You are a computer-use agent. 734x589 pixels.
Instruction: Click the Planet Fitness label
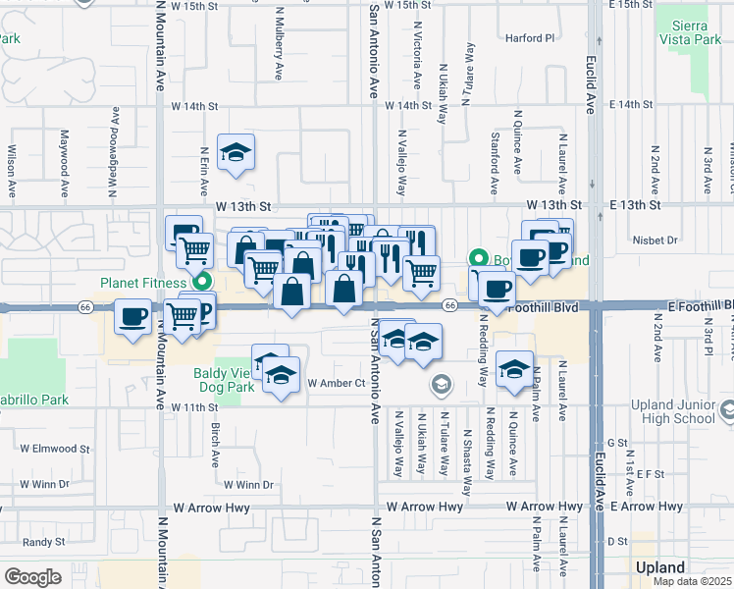pyautogui.click(x=142, y=284)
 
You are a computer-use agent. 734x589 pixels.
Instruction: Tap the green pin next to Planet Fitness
pyautogui.click(x=203, y=283)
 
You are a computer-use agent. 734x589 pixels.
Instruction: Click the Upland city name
pyautogui.click(x=660, y=568)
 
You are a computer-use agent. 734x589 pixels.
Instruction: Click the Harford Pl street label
pyautogui.click(x=531, y=39)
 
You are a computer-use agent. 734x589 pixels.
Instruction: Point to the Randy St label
pyautogui.click(x=43, y=541)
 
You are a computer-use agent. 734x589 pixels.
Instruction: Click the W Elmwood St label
pyautogui.click(x=54, y=450)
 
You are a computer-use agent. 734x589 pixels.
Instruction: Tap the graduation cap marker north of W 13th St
pyautogui.click(x=236, y=153)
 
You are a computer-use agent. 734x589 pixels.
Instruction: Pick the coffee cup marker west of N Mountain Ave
pyautogui.click(x=131, y=317)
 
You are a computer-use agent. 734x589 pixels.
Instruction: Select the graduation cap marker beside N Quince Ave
pyautogui.click(x=513, y=369)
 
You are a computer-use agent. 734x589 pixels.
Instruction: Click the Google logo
pyautogui.click(x=32, y=576)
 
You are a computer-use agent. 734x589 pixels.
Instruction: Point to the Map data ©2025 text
pyautogui.click(x=693, y=581)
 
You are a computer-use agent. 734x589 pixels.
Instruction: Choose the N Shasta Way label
pyautogui.click(x=466, y=454)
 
